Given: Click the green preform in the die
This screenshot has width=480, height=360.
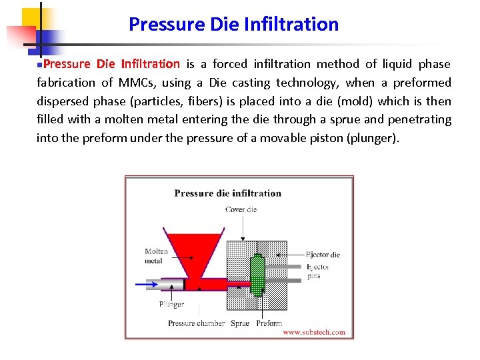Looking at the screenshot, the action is pos(257,275).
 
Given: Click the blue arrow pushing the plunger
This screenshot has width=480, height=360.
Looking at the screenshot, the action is pos(147,285).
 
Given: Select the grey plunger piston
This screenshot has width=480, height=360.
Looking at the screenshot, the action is pos(171,285).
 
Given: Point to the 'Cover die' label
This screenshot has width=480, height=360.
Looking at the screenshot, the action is pos(241,209).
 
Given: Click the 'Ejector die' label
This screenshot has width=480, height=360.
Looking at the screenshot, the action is pos(323,255).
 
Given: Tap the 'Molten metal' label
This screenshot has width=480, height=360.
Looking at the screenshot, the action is pos(157,256).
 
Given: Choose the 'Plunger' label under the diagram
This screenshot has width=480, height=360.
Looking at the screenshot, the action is pos(171,304).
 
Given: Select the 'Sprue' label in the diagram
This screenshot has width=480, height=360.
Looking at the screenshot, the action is pos(240,323).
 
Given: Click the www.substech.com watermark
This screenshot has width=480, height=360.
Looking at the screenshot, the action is pos(314,332).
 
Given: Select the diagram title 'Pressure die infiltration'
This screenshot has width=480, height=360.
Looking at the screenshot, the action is pos(228,193).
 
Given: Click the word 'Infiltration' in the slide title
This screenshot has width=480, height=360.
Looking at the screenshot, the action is pos(291,25).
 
